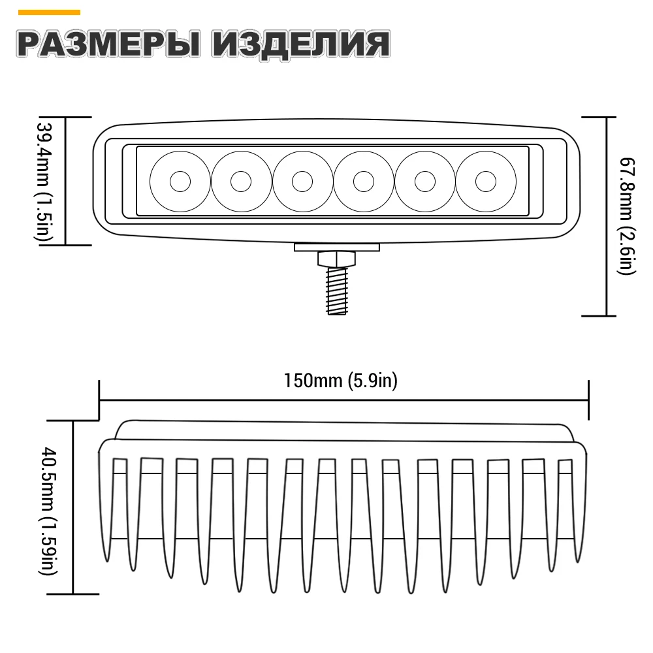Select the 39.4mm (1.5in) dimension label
tap(44, 181)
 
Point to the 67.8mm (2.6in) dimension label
tap(628, 215)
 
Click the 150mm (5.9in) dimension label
tap(340, 380)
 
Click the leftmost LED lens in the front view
tap(180, 181)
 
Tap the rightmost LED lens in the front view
tap(485, 181)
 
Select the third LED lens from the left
tap(302, 181)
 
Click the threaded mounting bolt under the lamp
tap(336, 291)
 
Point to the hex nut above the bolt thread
tap(336, 259)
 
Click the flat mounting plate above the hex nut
tap(336, 247)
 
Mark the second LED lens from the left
tap(241, 181)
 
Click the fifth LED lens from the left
tap(424, 181)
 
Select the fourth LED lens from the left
tap(363, 181)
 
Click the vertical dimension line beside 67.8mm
tap(607, 215)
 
